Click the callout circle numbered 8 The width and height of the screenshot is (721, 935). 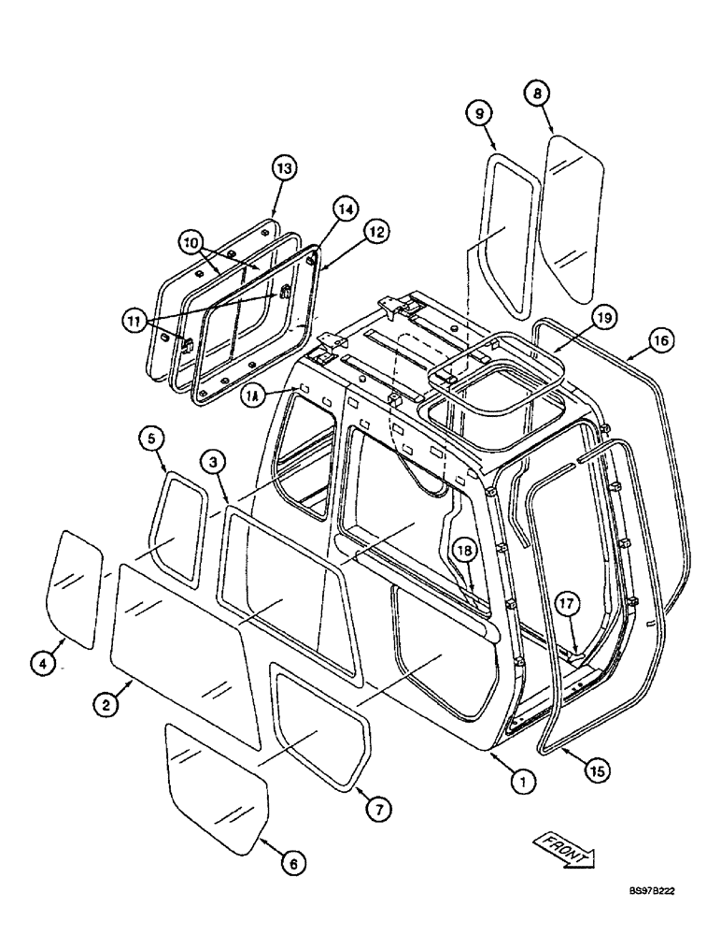536,93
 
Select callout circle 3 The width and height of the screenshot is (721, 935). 212,461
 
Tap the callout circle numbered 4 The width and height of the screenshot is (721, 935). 42,664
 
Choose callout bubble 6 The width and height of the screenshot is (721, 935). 292,865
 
